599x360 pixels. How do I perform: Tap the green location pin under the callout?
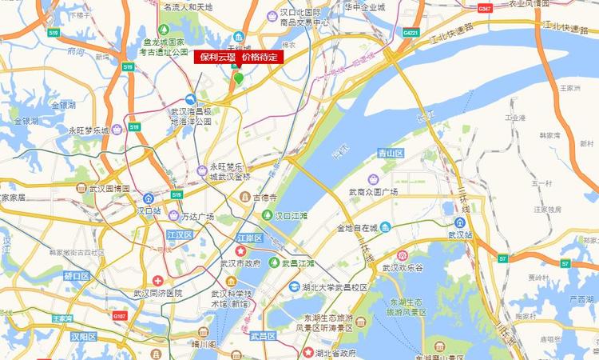click(x=238, y=78)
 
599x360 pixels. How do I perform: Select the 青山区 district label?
click(x=391, y=152)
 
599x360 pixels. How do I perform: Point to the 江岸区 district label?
click(x=250, y=238)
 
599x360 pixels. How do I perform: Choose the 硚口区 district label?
click(x=77, y=276)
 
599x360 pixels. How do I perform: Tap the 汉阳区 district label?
click(x=82, y=337)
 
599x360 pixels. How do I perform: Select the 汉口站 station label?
click(x=149, y=211)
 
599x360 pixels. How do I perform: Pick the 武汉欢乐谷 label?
click(x=406, y=268)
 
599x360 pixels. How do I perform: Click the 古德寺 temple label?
click(x=264, y=197)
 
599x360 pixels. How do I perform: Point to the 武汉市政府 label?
click(x=243, y=263)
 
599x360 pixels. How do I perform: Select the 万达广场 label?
click(x=197, y=217)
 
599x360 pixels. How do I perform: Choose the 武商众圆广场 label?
click(x=373, y=192)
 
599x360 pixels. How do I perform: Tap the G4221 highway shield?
click(x=411, y=33)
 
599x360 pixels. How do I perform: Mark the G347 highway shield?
click(x=484, y=8)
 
